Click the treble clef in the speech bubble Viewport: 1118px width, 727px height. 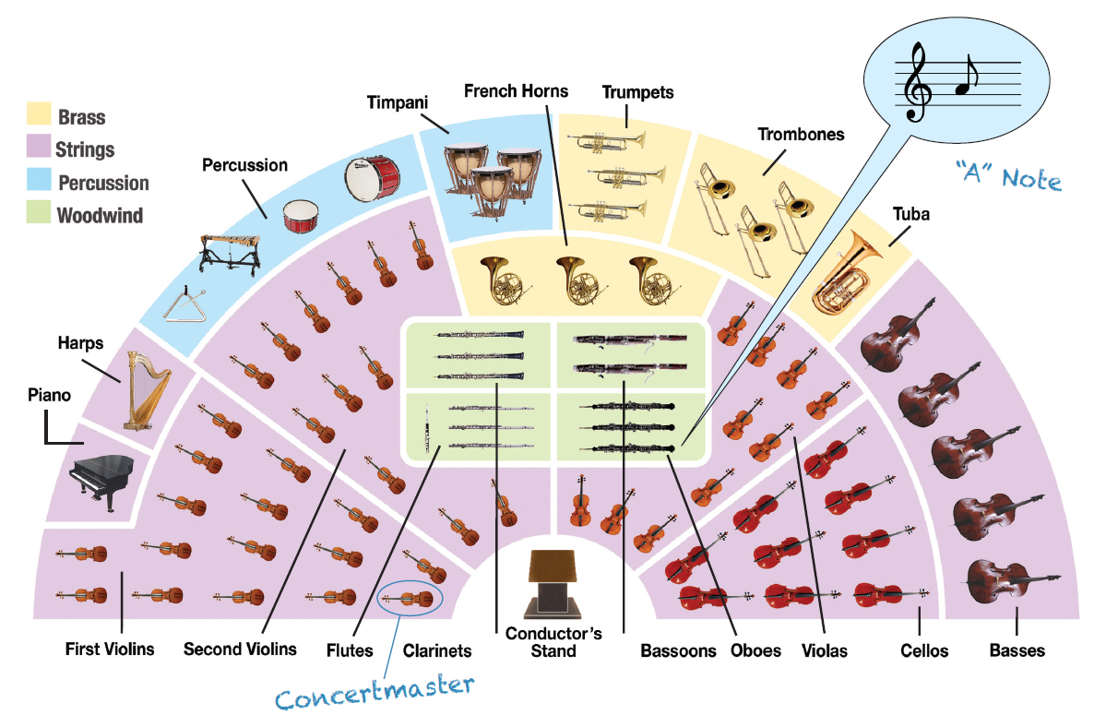[x=917, y=84]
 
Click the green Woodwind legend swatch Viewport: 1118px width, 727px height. [x=40, y=216]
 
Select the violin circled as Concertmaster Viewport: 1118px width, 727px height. [x=410, y=599]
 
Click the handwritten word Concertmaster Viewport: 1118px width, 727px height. [x=374, y=693]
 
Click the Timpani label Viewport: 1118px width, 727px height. [x=397, y=102]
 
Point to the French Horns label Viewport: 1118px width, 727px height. [x=516, y=90]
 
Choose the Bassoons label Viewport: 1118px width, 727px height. [x=678, y=650]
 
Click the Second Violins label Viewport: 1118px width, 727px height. [x=240, y=649]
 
